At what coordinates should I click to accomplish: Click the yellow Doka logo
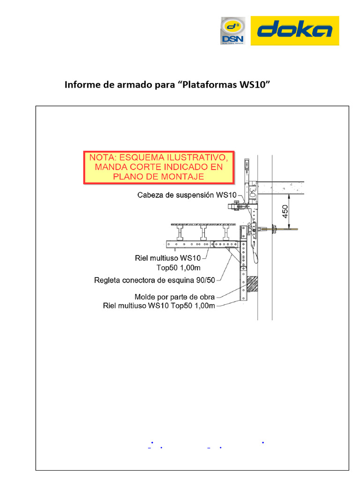295,30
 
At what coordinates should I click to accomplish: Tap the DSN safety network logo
233,31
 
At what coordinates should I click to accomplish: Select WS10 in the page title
255,85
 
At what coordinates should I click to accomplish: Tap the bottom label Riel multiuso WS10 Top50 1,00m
159,306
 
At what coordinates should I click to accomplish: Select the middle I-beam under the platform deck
203,233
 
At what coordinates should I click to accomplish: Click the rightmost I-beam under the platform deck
227,233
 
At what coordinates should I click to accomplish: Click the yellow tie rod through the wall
290,229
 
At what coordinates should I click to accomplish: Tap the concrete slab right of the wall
281,187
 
